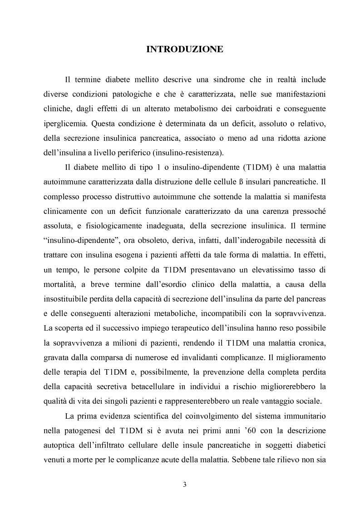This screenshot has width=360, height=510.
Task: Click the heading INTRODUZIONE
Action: click(x=185, y=50)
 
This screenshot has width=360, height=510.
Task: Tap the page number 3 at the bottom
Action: click(x=184, y=485)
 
